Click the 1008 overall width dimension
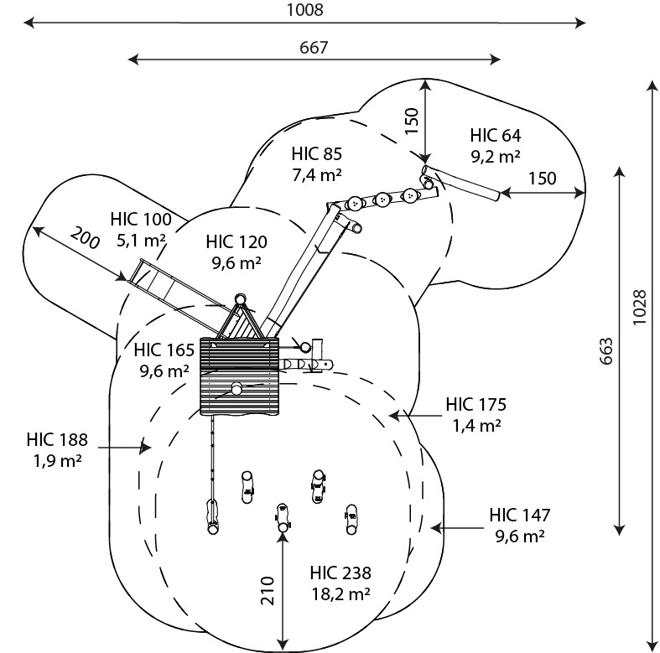coord(304,10)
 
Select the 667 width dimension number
coord(314,48)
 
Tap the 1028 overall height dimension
coord(639,307)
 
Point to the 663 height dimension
coord(605,351)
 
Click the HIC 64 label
coord(496,136)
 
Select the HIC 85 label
coord(316,154)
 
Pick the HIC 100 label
coord(141,220)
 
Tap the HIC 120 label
coord(236,242)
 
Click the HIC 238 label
coord(340,573)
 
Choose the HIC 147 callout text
coord(519,515)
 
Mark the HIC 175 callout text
coord(476,404)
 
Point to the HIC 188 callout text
coord(57,440)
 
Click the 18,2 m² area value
coord(341,594)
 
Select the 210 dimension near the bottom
coord(268,591)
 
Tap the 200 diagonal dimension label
coord(85,238)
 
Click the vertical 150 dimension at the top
coord(412,122)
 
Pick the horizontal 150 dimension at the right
coord(542,179)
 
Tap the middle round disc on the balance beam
coord(382,200)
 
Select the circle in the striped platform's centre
coord(236,389)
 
